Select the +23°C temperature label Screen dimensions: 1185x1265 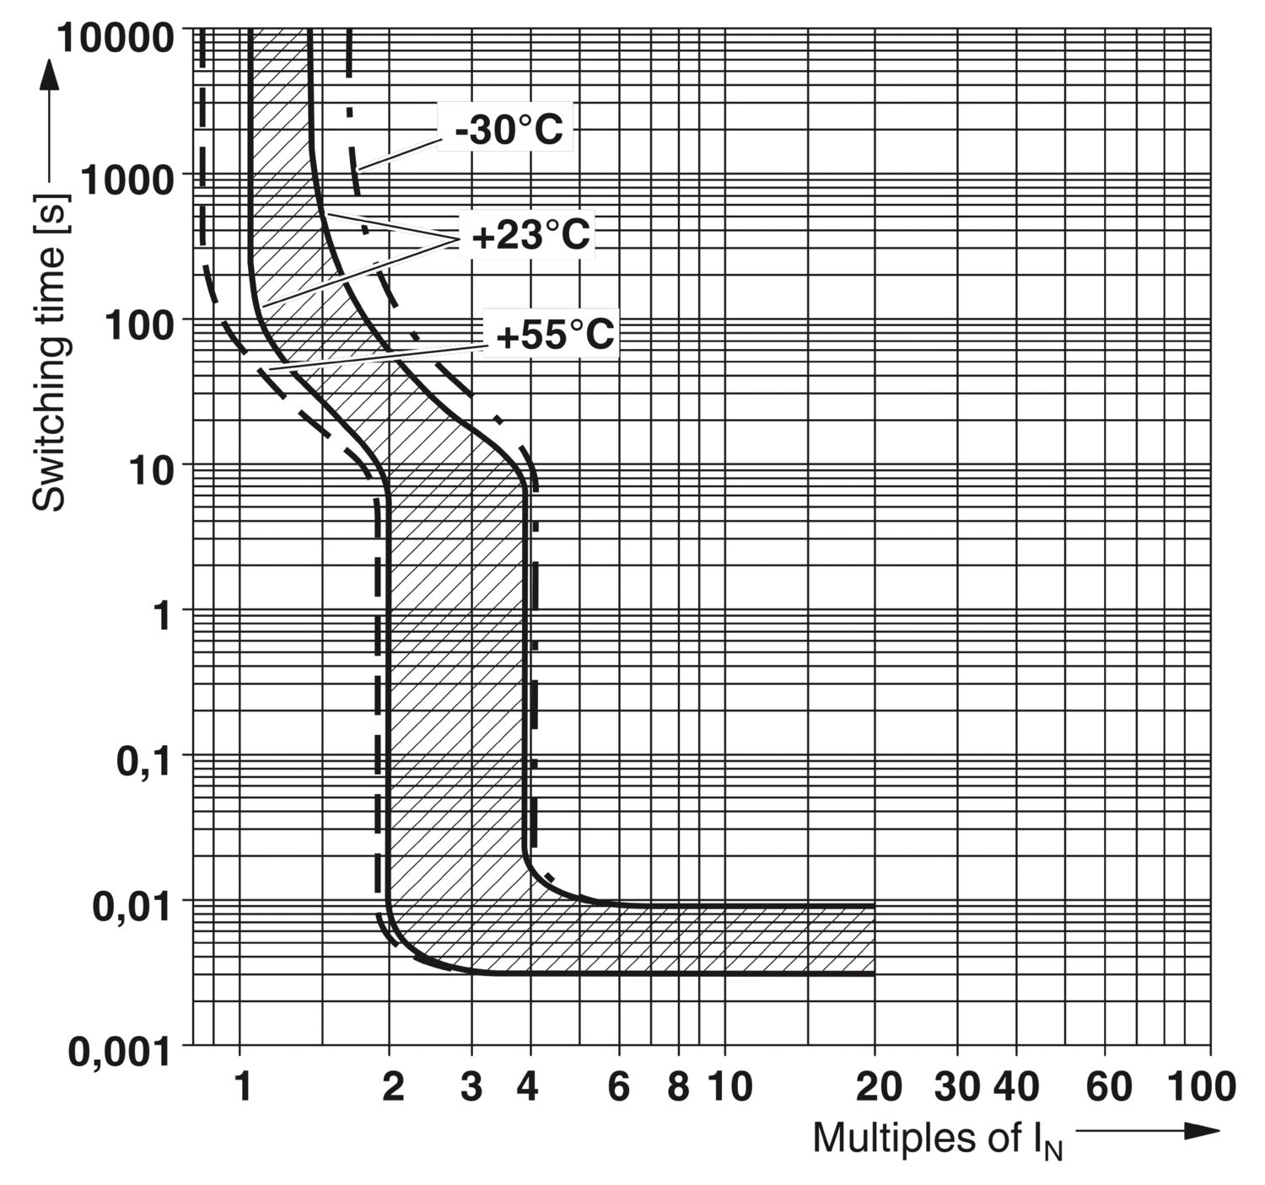coord(530,235)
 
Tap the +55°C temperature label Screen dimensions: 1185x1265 coord(555,335)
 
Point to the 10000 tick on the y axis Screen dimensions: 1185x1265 coord(126,35)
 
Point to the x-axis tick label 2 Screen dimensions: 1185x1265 coord(392,1087)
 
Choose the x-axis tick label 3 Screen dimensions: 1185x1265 coord(472,1087)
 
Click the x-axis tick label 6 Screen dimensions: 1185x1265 coord(619,1087)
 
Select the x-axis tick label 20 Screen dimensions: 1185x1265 coord(878,1087)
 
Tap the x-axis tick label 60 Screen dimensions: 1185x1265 coord(1108,1087)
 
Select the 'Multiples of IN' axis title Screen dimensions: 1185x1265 coord(937,1139)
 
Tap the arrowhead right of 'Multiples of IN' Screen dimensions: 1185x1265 coord(1201,1131)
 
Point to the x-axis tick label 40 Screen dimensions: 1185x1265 coord(1015,1087)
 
